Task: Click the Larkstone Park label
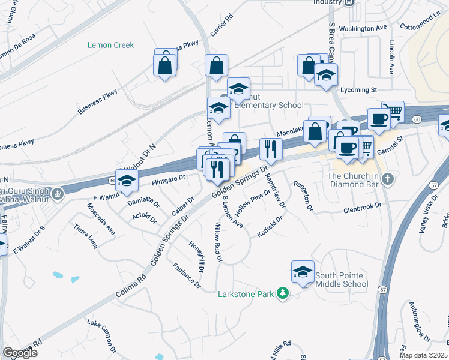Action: pyautogui.click(x=246, y=293)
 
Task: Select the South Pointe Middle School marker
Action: pyautogui.click(x=303, y=272)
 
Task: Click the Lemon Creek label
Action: pyautogui.click(x=110, y=45)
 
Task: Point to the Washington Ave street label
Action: pyautogui.click(x=363, y=28)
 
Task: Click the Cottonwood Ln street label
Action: pyautogui.click(x=420, y=23)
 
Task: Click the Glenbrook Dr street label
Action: pyautogui.click(x=362, y=208)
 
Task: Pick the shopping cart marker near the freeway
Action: pyautogui.click(x=393, y=111)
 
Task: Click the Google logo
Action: pyautogui.click(x=20, y=353)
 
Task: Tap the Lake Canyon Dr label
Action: pyautogui.click(x=101, y=334)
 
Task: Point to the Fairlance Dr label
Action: pyautogui.click(x=185, y=274)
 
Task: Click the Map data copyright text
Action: pyautogui.click(x=423, y=355)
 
